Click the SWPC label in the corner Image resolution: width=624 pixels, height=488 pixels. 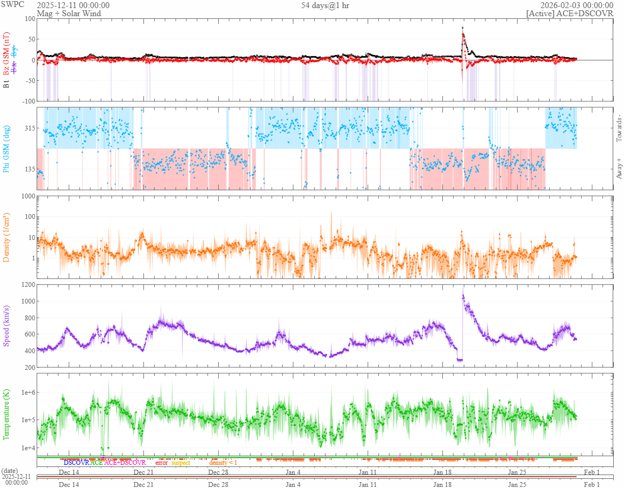pyautogui.click(x=12, y=4)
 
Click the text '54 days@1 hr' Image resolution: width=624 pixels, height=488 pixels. pyautogui.click(x=326, y=5)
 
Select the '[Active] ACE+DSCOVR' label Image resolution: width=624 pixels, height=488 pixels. pyautogui.click(x=570, y=13)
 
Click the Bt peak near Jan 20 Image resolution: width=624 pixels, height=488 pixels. pyautogui.click(x=462, y=28)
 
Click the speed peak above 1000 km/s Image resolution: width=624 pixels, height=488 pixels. pyautogui.click(x=463, y=295)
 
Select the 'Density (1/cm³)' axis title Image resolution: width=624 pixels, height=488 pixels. pyautogui.click(x=7, y=237)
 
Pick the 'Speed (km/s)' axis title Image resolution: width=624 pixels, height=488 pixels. pyautogui.click(x=7, y=326)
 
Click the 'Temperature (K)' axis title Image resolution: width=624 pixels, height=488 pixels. pyautogui.click(x=7, y=413)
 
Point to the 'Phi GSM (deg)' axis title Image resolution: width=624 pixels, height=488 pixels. pyautogui.click(x=7, y=148)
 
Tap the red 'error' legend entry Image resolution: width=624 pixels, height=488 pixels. pyautogui.click(x=162, y=463)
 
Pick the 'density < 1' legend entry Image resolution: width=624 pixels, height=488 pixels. pyautogui.click(x=223, y=463)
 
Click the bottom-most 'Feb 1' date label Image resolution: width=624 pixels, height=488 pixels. pyautogui.click(x=592, y=484)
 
